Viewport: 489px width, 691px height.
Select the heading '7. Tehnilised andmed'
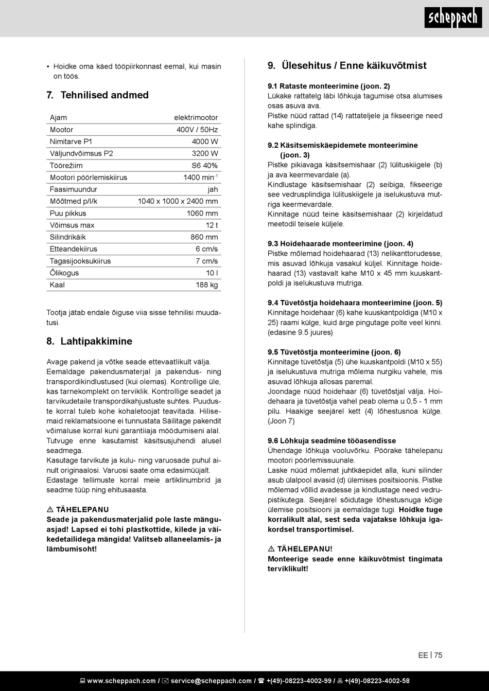point(97,95)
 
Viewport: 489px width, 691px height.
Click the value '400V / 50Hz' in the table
point(197,130)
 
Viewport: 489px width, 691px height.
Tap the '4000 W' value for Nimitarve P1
point(205,141)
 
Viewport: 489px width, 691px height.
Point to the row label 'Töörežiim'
point(66,166)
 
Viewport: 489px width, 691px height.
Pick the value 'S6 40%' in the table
point(205,166)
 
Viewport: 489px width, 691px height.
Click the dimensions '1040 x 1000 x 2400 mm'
point(178,201)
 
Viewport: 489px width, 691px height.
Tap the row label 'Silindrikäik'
point(67,237)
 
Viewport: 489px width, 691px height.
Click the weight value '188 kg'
point(207,285)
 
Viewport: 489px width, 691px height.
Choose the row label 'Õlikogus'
point(64,273)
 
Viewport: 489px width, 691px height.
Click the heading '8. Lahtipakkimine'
point(89,342)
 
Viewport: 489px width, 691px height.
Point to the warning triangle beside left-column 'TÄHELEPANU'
point(49,510)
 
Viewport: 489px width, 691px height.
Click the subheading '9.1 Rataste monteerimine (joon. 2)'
point(328,86)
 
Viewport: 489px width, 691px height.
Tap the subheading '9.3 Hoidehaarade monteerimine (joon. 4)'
point(340,244)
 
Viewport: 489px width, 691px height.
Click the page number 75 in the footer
point(438,655)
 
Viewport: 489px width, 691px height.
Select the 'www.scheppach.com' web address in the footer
point(121,681)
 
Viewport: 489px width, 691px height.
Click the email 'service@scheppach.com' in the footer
point(211,681)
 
